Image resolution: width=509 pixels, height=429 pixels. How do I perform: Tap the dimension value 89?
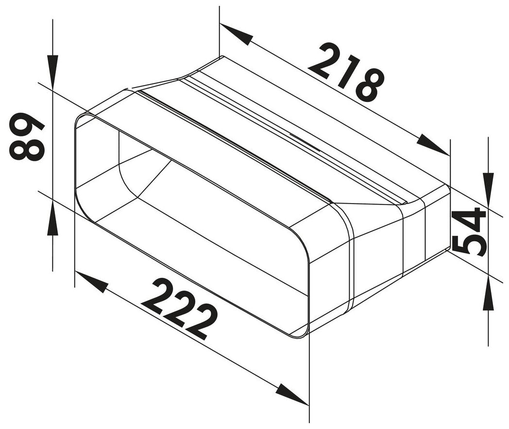(27, 137)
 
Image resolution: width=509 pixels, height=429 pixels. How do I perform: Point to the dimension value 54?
(469, 231)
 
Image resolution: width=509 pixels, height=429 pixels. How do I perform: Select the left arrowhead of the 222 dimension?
(92, 282)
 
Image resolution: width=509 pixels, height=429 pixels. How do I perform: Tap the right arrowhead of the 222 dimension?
(292, 394)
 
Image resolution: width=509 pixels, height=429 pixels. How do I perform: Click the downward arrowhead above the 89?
(52, 66)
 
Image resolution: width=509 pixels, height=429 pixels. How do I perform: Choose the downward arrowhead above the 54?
(488, 185)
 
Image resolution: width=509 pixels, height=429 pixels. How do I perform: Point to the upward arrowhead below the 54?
(488, 294)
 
